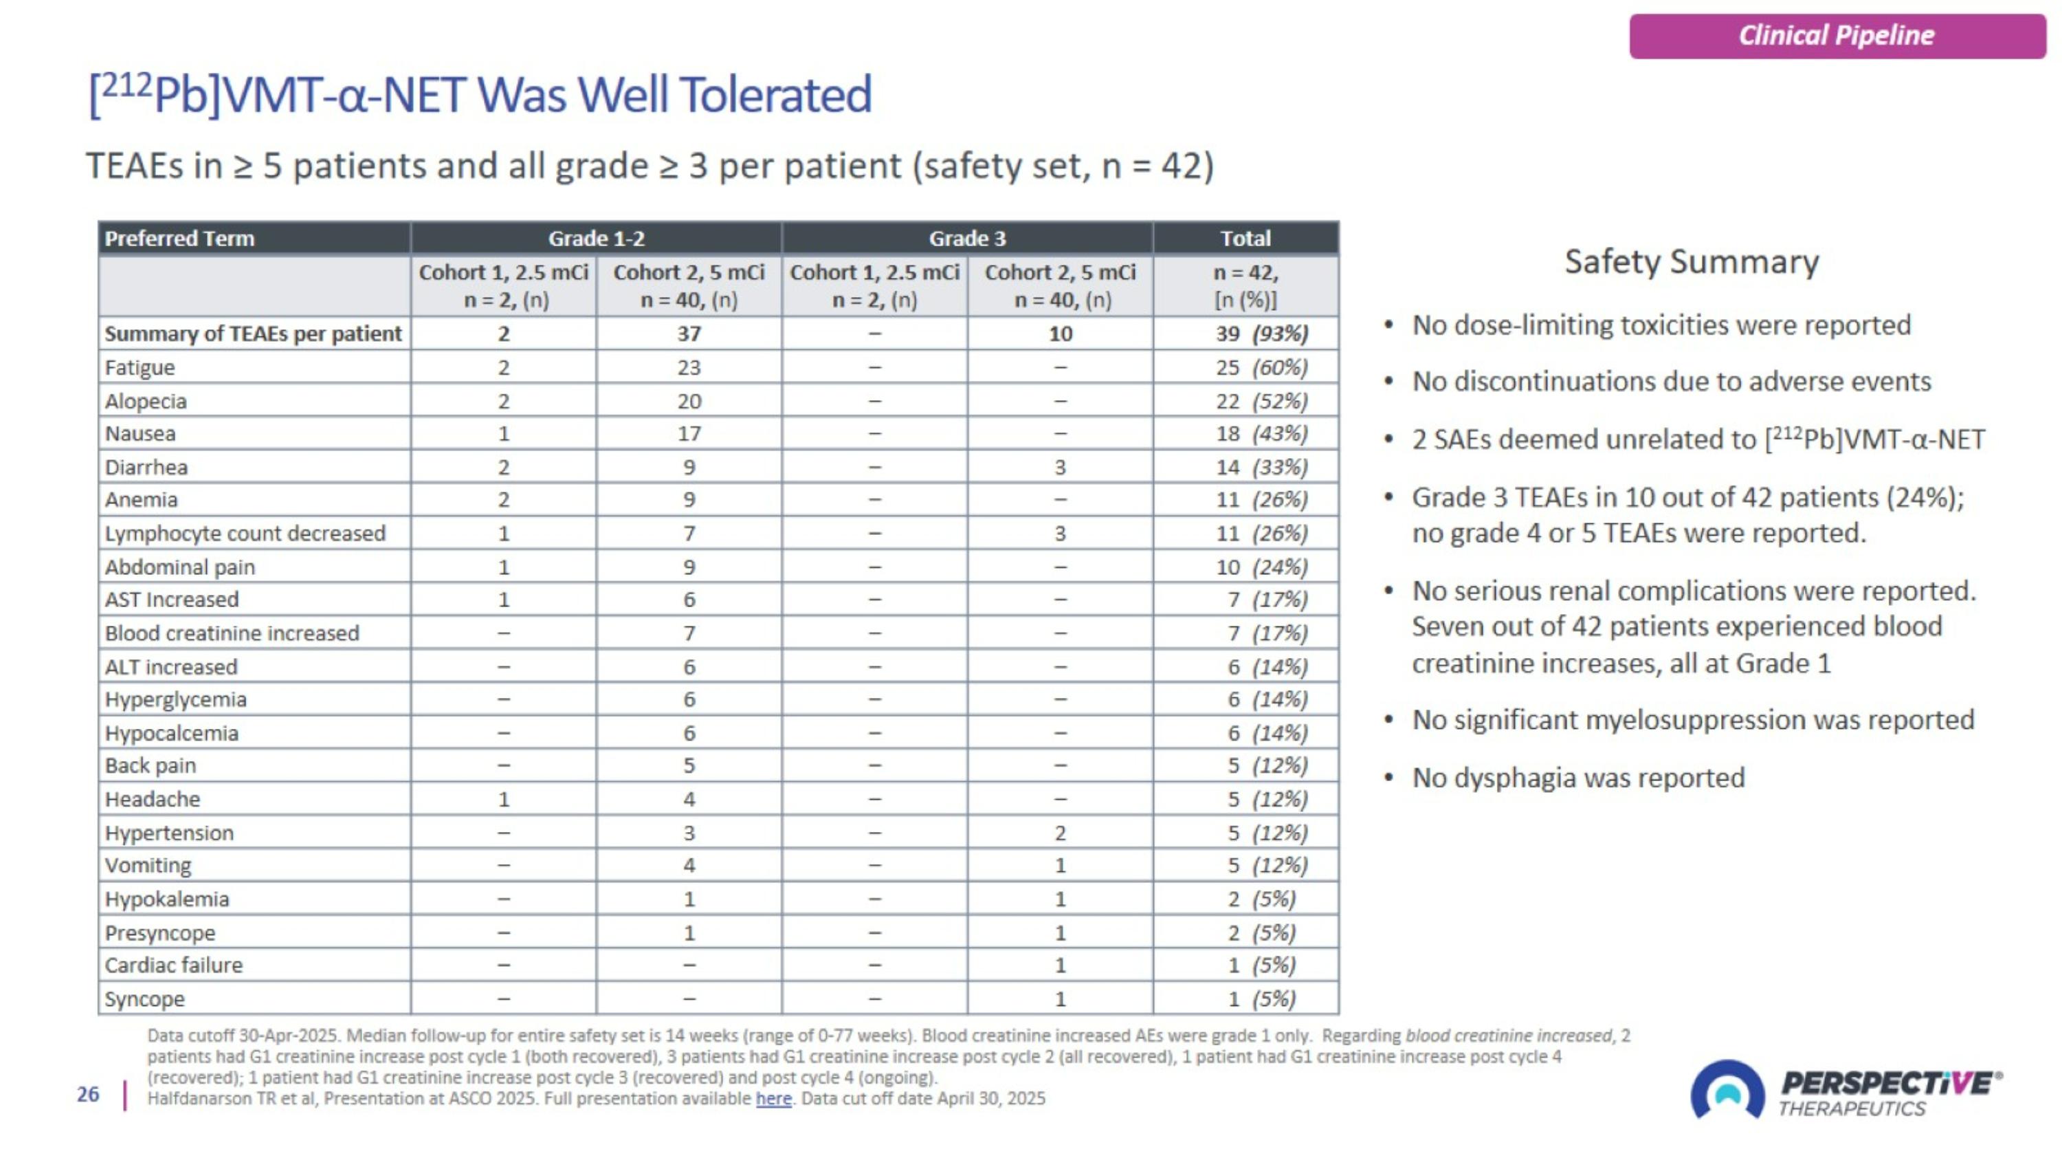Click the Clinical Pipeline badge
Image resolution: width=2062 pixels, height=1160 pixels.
1837,36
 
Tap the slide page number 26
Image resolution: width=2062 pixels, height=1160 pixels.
88,1095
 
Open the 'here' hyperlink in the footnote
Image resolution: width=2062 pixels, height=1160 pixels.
773,1098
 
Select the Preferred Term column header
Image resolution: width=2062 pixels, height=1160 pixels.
179,239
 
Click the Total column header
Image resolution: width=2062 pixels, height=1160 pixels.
1245,239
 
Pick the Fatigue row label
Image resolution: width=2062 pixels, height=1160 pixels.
140,367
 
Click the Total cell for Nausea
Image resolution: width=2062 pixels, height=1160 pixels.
1261,434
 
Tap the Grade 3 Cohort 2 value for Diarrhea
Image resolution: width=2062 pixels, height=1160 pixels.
1060,467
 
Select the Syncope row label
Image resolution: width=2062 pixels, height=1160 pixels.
145,999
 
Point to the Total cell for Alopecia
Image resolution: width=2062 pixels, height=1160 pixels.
1261,401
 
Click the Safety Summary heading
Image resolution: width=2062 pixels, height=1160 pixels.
1692,262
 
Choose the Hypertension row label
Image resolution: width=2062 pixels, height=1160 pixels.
170,833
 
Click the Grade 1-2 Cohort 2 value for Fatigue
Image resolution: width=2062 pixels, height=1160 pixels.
689,367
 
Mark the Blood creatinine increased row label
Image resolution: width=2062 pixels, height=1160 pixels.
232,633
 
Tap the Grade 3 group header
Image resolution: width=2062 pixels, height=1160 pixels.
967,239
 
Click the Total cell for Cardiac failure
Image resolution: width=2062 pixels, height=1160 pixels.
1261,965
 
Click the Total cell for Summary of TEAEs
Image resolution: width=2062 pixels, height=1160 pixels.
1261,333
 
